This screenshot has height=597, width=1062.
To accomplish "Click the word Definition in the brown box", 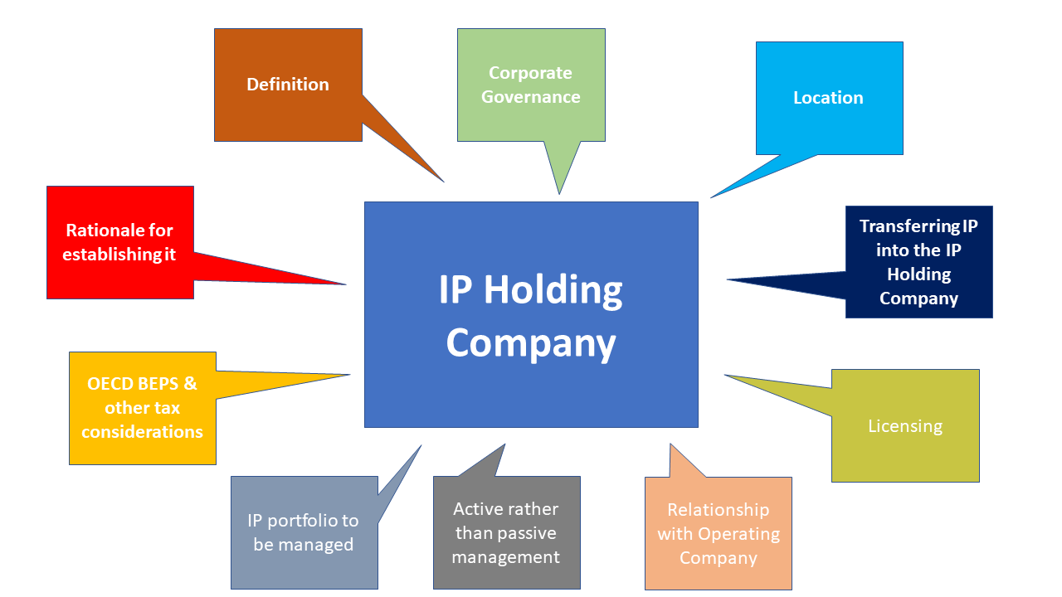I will [x=288, y=85].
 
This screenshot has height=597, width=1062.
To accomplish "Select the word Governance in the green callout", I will [x=531, y=97].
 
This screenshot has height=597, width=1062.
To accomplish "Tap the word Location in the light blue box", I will [x=828, y=98].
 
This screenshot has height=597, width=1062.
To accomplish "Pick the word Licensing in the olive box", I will [x=905, y=426].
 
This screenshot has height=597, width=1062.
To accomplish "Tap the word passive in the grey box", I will [x=529, y=533].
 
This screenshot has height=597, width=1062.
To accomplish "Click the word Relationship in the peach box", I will [x=719, y=510].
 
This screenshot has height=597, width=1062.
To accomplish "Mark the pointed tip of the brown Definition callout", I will [x=444, y=182].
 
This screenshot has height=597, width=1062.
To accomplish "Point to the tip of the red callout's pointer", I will [x=346, y=284].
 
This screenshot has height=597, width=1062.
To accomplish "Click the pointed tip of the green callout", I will [x=559, y=194].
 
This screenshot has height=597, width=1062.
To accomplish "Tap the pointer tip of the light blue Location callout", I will [x=711, y=197].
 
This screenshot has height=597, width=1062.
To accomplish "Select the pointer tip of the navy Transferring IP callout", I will [x=728, y=280].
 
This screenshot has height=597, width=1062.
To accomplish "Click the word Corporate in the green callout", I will [x=531, y=73].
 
